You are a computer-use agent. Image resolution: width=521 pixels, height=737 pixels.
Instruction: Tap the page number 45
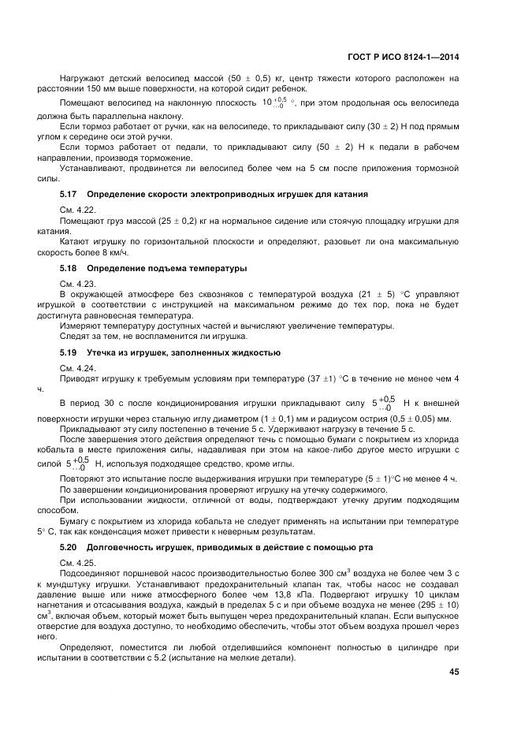(453, 672)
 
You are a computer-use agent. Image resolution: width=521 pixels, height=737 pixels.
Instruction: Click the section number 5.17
(69, 194)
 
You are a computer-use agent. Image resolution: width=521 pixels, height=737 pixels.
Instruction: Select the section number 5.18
(69, 269)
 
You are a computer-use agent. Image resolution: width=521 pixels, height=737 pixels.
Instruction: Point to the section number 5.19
(69, 352)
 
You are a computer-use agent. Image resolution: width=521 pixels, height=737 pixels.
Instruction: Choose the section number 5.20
(69, 547)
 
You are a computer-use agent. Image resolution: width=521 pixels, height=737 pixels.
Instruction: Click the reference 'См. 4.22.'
(77, 209)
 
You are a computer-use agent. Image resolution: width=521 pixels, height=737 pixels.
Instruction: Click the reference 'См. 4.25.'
(77, 562)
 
